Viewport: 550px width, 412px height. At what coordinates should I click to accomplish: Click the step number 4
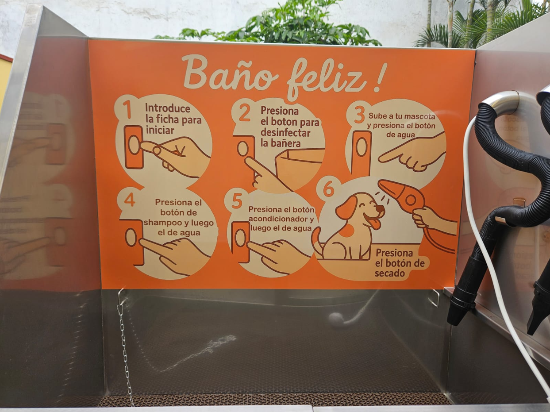click(x=129, y=200)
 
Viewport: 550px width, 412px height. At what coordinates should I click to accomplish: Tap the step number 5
click(x=237, y=201)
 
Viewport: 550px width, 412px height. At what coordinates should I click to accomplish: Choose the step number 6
click(x=328, y=189)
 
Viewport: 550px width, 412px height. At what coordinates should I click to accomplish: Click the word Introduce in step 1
click(x=168, y=108)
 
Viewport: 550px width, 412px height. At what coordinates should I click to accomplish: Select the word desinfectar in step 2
click(x=285, y=132)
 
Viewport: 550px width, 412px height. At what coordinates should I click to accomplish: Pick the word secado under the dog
click(x=389, y=273)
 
